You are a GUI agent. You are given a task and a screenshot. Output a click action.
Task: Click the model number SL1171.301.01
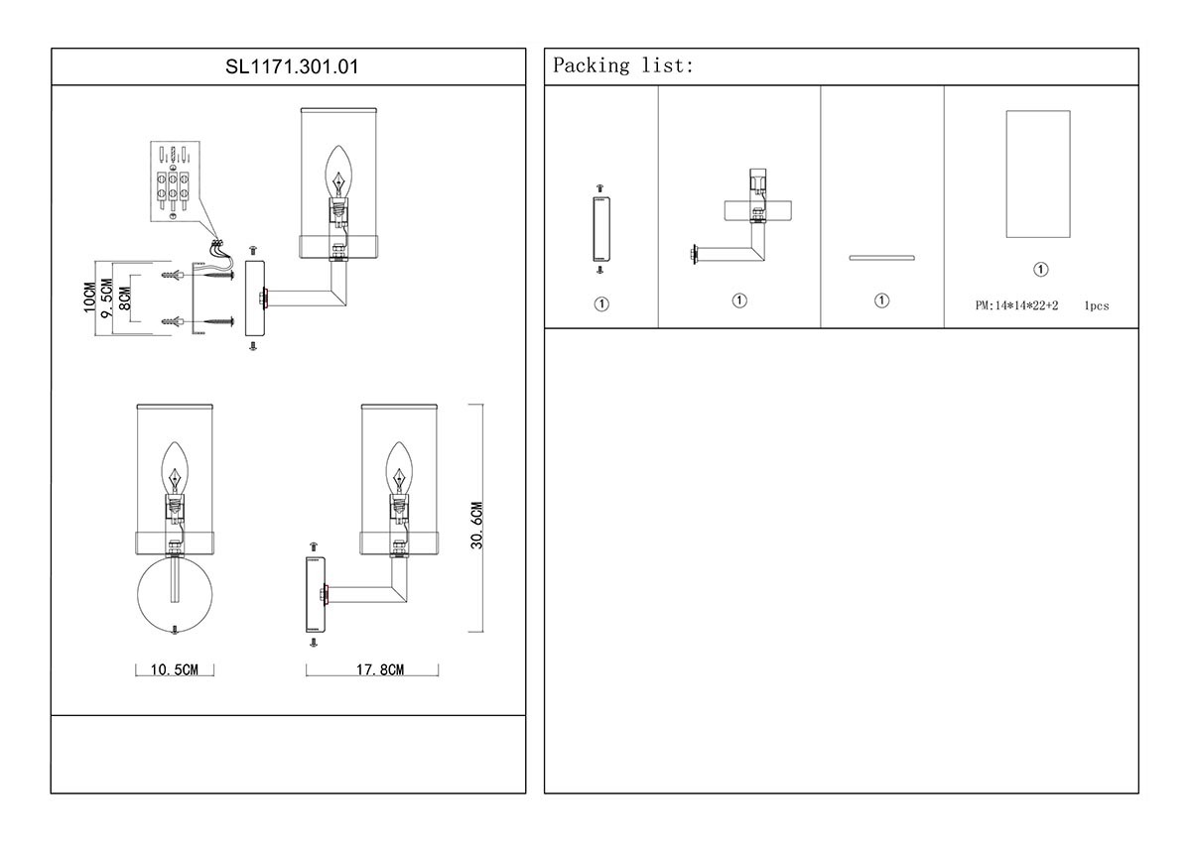(288, 67)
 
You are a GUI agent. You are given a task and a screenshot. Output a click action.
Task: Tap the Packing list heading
(623, 66)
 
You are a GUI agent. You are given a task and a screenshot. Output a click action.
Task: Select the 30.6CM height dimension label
(477, 525)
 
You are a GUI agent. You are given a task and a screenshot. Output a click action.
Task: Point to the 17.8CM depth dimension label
(379, 670)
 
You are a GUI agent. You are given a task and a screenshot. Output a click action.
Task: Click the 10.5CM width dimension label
(175, 670)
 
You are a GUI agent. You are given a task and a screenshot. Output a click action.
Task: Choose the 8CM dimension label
(124, 298)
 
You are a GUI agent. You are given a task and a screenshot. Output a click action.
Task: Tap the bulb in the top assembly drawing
(339, 173)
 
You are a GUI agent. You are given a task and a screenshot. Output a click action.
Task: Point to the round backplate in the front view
(175, 594)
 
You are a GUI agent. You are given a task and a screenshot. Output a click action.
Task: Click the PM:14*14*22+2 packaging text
(1016, 306)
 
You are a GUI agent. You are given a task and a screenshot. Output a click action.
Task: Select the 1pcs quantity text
(1096, 306)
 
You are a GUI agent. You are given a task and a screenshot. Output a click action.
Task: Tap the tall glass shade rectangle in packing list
(1037, 175)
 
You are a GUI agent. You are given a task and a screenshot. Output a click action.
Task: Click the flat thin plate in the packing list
(881, 258)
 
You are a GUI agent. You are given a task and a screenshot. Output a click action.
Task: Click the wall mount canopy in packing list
(599, 228)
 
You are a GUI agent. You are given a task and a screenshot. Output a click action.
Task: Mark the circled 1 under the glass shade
(1040, 270)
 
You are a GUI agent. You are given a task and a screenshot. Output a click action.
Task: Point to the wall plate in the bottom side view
(315, 595)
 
